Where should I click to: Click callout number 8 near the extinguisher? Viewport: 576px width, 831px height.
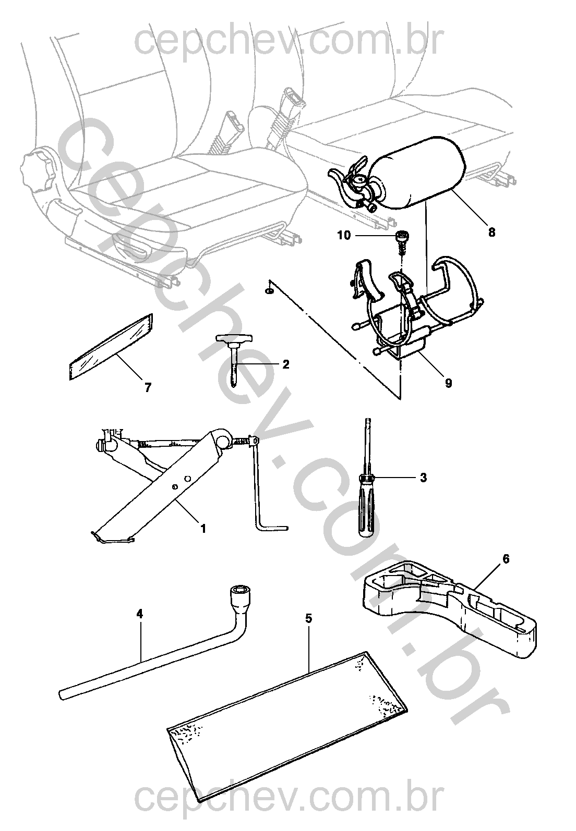coord(491,232)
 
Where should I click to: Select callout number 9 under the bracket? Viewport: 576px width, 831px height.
coord(448,384)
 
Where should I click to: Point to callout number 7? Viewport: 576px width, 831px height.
coord(148,387)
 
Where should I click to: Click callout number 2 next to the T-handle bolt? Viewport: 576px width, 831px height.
coord(285,364)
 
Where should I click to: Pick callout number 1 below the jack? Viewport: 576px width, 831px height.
coord(203,528)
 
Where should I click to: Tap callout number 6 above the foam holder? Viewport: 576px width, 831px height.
coord(505,559)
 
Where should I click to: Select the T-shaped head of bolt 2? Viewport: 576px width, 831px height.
coord(233,339)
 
